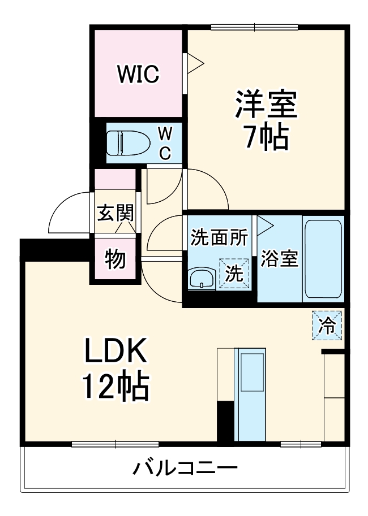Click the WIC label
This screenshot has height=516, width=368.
pyautogui.click(x=138, y=74)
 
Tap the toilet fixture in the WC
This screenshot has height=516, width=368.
pyautogui.click(x=128, y=144)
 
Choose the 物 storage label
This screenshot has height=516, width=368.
pyautogui.click(x=115, y=259)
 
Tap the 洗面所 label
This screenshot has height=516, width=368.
pyautogui.click(x=219, y=238)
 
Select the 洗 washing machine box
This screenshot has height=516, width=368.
pyautogui.click(x=234, y=274)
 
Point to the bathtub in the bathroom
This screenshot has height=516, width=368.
pyautogui.click(x=323, y=259)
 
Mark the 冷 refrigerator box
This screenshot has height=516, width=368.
pyautogui.click(x=327, y=326)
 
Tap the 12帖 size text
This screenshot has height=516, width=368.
pyautogui.click(x=116, y=387)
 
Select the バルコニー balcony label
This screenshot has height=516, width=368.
pyautogui.click(x=185, y=469)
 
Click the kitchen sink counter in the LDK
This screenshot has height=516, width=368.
pyautogui.click(x=249, y=394)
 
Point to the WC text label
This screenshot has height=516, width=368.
pyautogui.click(x=164, y=144)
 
